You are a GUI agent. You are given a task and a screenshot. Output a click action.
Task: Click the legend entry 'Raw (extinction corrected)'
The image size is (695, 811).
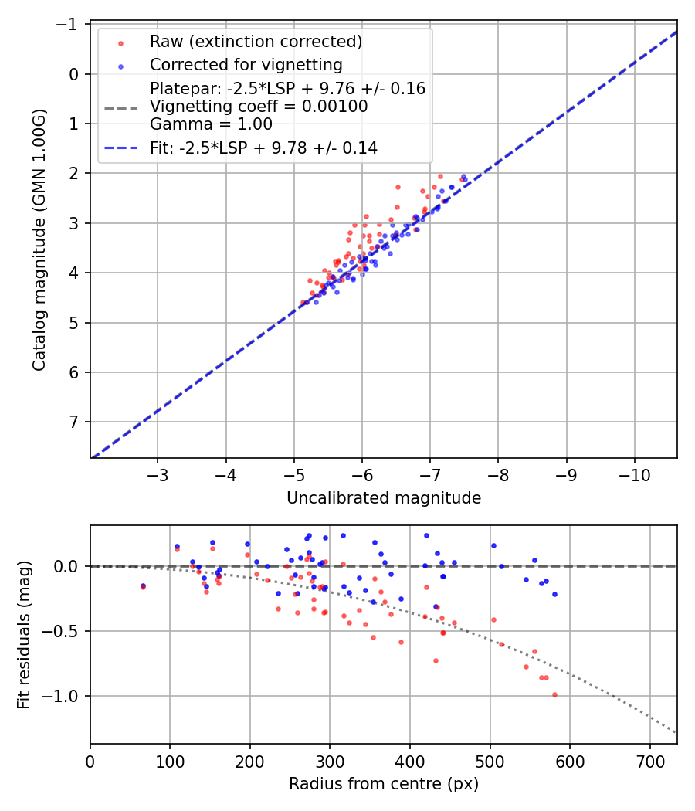[x=256, y=42]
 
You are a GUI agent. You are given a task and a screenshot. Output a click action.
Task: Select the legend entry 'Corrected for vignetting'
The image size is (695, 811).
[x=246, y=64]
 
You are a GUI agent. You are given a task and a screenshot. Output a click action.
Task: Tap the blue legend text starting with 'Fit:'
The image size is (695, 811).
[x=263, y=148]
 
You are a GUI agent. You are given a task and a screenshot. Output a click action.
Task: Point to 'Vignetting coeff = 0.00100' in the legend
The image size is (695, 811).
[x=259, y=107]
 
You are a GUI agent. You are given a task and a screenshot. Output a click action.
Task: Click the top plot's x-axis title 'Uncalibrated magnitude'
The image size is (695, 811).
[x=384, y=498]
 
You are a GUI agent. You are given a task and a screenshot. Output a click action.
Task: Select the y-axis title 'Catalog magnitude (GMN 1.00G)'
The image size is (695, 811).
[x=40, y=240]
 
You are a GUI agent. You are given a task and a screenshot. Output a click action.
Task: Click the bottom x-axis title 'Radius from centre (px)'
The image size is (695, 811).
[x=384, y=784]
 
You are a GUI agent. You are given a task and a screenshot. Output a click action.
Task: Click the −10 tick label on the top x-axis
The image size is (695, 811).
[x=634, y=472]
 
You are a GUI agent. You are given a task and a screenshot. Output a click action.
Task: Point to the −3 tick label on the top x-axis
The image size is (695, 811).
[x=158, y=472]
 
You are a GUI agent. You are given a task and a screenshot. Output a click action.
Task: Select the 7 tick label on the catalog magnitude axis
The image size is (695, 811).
[x=75, y=422]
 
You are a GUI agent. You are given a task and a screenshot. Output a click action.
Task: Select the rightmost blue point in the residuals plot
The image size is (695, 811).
[x=554, y=594]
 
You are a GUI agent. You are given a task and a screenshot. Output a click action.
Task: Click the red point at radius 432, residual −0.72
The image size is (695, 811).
[x=436, y=660]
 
